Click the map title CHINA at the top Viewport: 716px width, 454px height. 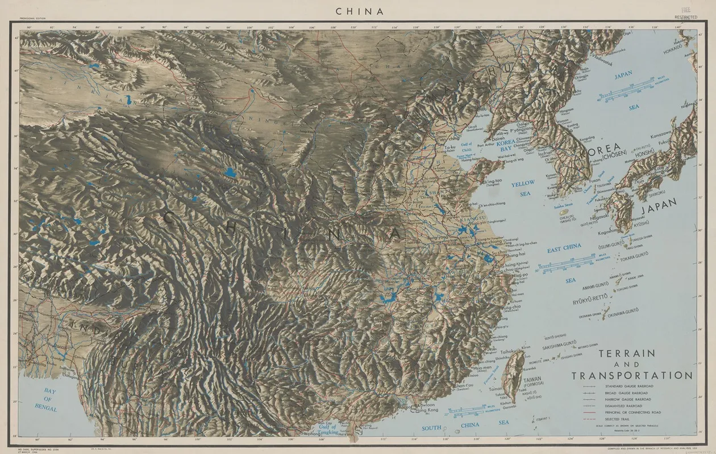point(359,11)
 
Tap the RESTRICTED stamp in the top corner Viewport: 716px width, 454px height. point(685,17)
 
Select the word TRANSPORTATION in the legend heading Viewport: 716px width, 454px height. point(632,376)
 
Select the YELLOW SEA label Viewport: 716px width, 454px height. point(523,188)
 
